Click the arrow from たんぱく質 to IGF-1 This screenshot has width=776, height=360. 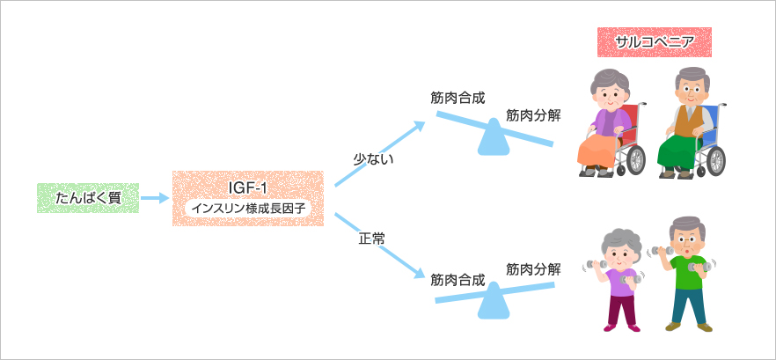pyautogui.click(x=155, y=199)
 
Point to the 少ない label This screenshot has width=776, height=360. pyautogui.click(x=373, y=159)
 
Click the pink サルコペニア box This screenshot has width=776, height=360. pyautogui.click(x=653, y=42)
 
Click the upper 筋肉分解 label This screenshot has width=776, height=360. pyautogui.click(x=533, y=115)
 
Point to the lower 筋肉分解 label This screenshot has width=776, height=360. pyautogui.click(x=533, y=269)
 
